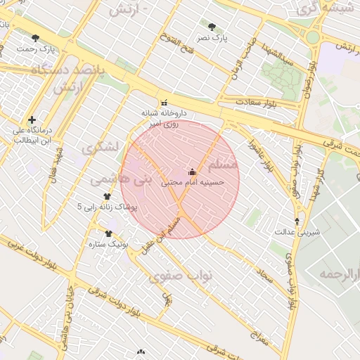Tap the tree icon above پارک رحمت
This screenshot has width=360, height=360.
tap(35, 39)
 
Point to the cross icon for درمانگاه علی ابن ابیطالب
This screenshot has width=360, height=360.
tap(32, 120)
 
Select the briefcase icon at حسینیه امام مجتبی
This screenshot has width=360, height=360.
tap(192, 172)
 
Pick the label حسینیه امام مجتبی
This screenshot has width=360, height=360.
tap(193, 182)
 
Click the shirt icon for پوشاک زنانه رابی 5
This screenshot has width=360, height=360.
tap(107, 197)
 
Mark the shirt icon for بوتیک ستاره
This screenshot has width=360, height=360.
tap(108, 233)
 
